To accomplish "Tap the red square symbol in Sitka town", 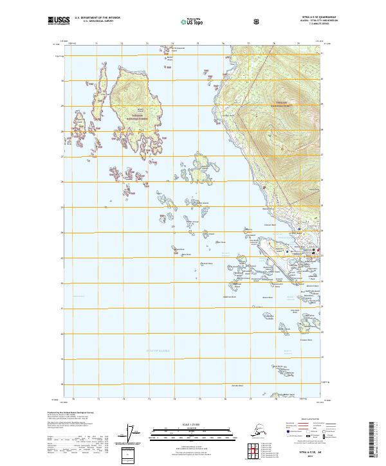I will [x=314, y=250].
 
